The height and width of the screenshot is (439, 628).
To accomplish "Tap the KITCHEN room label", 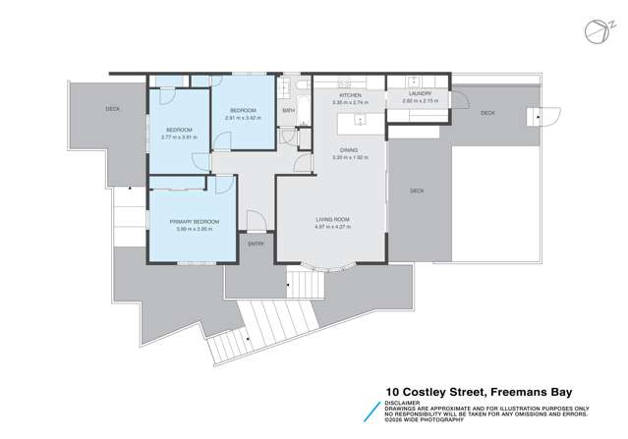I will pyautogui.click(x=350, y=95).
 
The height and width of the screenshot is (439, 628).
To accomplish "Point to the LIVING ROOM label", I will pyautogui.click(x=332, y=219).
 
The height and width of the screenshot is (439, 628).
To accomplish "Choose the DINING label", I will pyautogui.click(x=348, y=149).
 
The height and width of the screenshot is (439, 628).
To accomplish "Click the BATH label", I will pyautogui.click(x=289, y=111).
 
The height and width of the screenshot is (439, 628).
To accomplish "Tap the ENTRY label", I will pyautogui.click(x=256, y=244).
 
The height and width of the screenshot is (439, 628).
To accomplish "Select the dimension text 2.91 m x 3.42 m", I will pyautogui.click(x=243, y=118).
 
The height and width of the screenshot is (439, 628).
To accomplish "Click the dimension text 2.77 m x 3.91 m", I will pyautogui.click(x=179, y=137).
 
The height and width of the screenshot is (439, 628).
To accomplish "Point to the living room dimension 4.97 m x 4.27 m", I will pyautogui.click(x=332, y=227).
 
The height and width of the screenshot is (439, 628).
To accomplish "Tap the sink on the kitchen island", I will pyautogui.click(x=361, y=122).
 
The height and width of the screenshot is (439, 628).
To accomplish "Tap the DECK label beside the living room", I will pyautogui.click(x=417, y=191).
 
